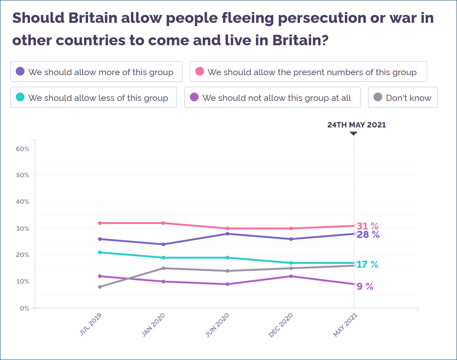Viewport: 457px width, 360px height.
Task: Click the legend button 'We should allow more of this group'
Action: click(96, 72)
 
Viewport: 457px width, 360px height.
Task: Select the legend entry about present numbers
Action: click(308, 72)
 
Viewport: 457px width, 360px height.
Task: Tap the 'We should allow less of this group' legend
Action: click(93, 98)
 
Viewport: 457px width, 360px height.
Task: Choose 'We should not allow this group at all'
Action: click(272, 98)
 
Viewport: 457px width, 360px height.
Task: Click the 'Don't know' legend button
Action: click(403, 98)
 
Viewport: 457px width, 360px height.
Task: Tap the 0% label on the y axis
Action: click(25, 308)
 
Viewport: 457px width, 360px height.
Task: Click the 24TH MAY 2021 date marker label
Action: click(356, 125)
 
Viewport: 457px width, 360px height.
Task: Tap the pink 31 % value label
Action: click(368, 226)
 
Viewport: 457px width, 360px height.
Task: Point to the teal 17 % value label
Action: click(367, 264)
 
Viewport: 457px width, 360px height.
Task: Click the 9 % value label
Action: click(365, 286)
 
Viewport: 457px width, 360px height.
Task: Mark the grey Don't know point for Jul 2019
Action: click(100, 287)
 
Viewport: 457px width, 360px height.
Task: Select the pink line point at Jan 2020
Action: click(163, 223)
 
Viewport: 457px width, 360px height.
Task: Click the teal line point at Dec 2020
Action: click(291, 263)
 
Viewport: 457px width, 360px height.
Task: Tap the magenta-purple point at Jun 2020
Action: click(227, 284)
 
